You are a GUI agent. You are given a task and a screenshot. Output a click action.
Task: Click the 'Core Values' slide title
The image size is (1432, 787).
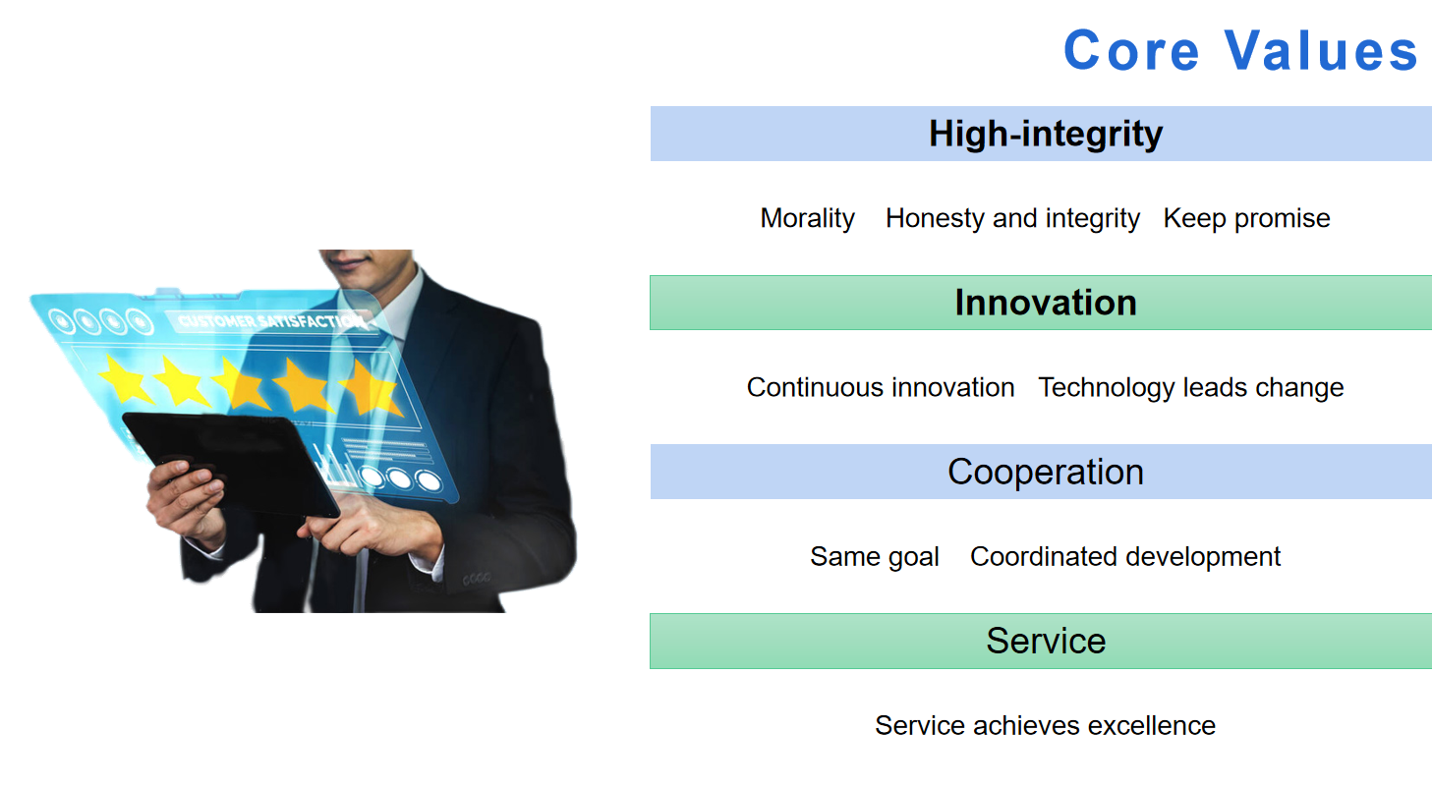point(1240,50)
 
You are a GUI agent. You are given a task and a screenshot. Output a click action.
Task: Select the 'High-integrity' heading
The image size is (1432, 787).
point(1046,135)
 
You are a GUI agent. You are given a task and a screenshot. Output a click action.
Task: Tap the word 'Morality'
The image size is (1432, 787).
point(808,219)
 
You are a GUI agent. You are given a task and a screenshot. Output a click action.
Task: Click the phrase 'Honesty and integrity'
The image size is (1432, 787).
point(1012,219)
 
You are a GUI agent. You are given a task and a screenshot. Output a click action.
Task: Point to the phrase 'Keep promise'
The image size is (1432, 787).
point(1246,219)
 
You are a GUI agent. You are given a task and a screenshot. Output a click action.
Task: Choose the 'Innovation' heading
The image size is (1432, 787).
point(1046,303)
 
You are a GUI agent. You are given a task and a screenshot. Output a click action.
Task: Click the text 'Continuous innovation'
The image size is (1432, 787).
point(881,387)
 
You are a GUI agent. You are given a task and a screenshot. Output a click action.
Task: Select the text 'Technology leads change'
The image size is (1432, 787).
point(1191,387)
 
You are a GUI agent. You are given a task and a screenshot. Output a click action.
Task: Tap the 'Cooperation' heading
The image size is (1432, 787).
point(1046,473)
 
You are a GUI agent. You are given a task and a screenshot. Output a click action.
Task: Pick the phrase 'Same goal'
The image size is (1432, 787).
point(875,557)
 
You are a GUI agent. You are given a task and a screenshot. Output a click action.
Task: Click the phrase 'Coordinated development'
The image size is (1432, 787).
point(1125,557)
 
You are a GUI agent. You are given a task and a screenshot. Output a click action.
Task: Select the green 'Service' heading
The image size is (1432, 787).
point(1046,642)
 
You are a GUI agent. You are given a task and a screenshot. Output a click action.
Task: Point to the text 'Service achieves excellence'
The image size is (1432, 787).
point(1045,726)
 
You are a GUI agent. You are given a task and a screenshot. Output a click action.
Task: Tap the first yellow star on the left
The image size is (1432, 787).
point(127,379)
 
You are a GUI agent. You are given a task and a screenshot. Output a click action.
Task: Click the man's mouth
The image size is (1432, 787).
point(348,259)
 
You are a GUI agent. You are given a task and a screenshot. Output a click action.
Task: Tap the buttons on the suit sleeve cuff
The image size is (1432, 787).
point(477,579)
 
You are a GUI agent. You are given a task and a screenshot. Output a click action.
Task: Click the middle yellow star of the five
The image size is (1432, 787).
point(241,382)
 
